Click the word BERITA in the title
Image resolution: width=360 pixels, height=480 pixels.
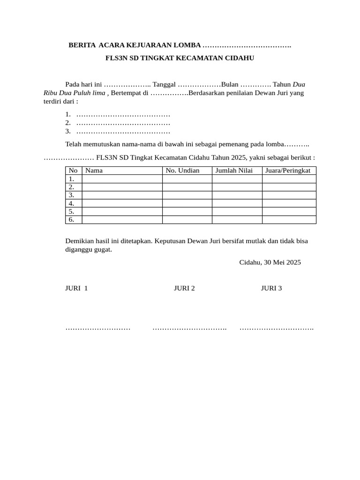click(x=82, y=45)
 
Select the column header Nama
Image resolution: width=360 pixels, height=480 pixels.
click(x=94, y=171)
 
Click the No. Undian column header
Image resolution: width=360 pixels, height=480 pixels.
click(x=182, y=171)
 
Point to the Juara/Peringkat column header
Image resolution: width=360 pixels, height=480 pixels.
click(x=288, y=171)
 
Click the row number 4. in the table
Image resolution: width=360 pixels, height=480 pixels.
click(x=72, y=203)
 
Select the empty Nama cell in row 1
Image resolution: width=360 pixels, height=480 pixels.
click(x=122, y=179)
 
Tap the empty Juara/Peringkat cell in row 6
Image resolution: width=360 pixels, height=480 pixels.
click(x=289, y=220)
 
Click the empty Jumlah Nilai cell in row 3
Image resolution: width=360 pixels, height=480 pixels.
click(x=237, y=195)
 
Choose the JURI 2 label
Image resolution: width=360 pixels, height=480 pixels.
click(x=184, y=288)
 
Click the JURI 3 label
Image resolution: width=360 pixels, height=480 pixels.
click(x=271, y=288)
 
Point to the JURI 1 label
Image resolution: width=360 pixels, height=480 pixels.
click(x=76, y=288)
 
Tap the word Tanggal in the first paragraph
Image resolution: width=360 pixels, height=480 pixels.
click(x=164, y=84)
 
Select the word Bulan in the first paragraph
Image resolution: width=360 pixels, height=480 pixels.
click(x=230, y=84)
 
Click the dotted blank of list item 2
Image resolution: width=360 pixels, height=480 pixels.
click(x=123, y=123)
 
